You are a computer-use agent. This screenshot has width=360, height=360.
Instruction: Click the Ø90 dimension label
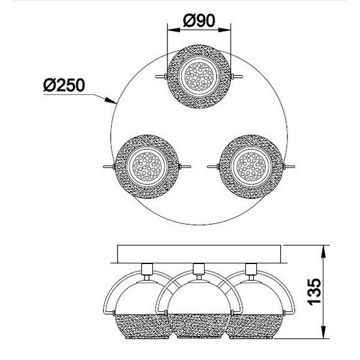coord(199,20)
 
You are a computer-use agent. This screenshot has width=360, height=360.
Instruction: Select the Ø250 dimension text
coord(64,85)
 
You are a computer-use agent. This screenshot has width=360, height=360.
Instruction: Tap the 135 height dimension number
coord(314,292)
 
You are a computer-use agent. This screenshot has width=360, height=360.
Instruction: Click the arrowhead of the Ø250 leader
coord(110,101)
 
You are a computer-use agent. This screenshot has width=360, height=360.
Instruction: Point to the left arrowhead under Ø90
coord(174,29)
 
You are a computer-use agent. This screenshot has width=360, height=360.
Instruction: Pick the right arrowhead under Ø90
coord(224,29)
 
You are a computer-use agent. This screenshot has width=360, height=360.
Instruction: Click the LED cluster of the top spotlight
coord(199,76)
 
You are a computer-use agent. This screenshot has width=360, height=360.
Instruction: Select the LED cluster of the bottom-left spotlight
coord(147,166)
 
